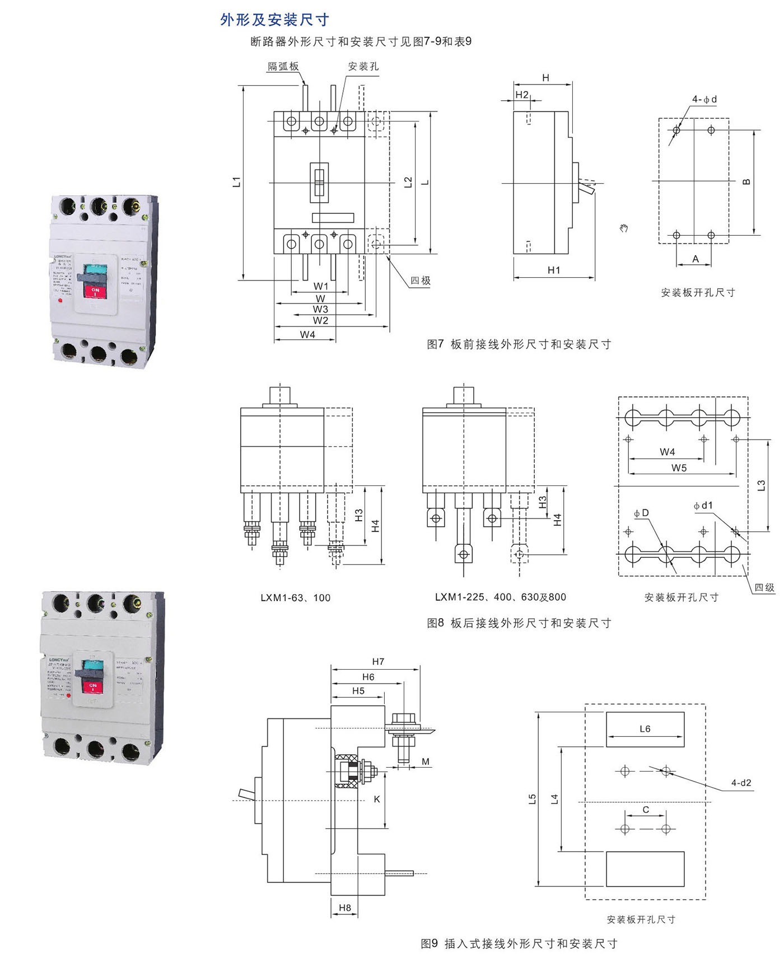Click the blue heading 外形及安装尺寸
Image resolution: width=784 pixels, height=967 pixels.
click(x=274, y=20)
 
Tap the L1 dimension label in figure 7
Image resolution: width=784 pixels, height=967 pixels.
click(x=237, y=181)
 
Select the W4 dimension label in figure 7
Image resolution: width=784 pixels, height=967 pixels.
click(x=307, y=334)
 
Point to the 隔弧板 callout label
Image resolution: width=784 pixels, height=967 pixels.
click(x=283, y=67)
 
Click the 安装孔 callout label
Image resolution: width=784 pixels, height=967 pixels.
click(x=363, y=67)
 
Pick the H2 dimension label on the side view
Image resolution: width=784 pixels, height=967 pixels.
click(x=521, y=95)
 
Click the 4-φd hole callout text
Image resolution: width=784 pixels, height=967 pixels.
click(x=704, y=99)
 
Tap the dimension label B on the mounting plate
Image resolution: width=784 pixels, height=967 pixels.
click(x=746, y=182)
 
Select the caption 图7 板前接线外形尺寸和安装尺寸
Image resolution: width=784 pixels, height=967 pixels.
click(x=519, y=344)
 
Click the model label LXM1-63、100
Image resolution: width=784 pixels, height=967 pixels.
click(x=295, y=598)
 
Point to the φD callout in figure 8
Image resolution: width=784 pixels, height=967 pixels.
click(x=641, y=513)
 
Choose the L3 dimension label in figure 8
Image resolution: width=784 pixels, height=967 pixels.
click(x=761, y=485)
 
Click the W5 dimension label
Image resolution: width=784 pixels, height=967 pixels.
click(x=679, y=468)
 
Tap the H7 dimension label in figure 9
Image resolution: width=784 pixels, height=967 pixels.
click(x=378, y=662)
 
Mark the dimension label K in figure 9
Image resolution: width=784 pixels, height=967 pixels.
click(x=377, y=799)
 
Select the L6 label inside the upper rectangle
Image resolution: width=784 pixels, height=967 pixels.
click(x=645, y=729)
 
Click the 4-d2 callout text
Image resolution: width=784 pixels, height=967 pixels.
click(x=741, y=783)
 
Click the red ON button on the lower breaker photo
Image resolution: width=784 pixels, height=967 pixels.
click(x=94, y=686)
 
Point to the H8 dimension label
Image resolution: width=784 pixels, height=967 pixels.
click(x=345, y=908)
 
